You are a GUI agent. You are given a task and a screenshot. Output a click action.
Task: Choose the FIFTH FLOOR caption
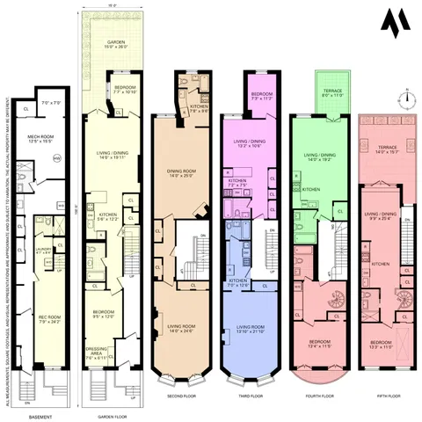[381, 396]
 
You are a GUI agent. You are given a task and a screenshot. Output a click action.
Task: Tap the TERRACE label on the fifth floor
[386, 150]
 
